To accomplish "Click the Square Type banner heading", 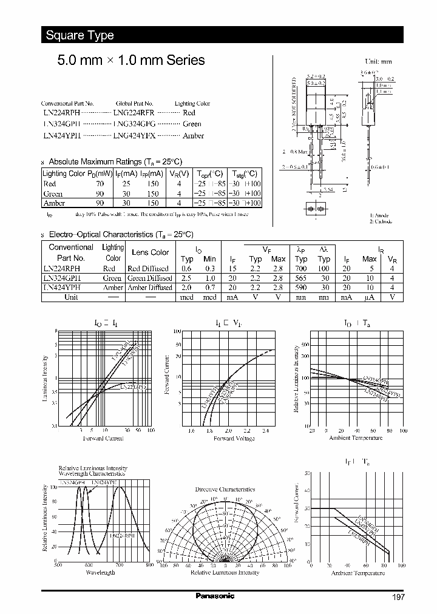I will click(80, 35).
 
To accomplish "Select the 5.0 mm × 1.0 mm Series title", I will click(130, 61).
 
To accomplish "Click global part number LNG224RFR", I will click(134, 113).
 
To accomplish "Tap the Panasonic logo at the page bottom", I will click(214, 596).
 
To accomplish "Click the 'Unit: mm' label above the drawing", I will click(378, 62).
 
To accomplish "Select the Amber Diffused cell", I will click(149, 288).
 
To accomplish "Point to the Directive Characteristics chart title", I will click(225, 488).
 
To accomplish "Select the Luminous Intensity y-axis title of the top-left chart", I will click(44, 379).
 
